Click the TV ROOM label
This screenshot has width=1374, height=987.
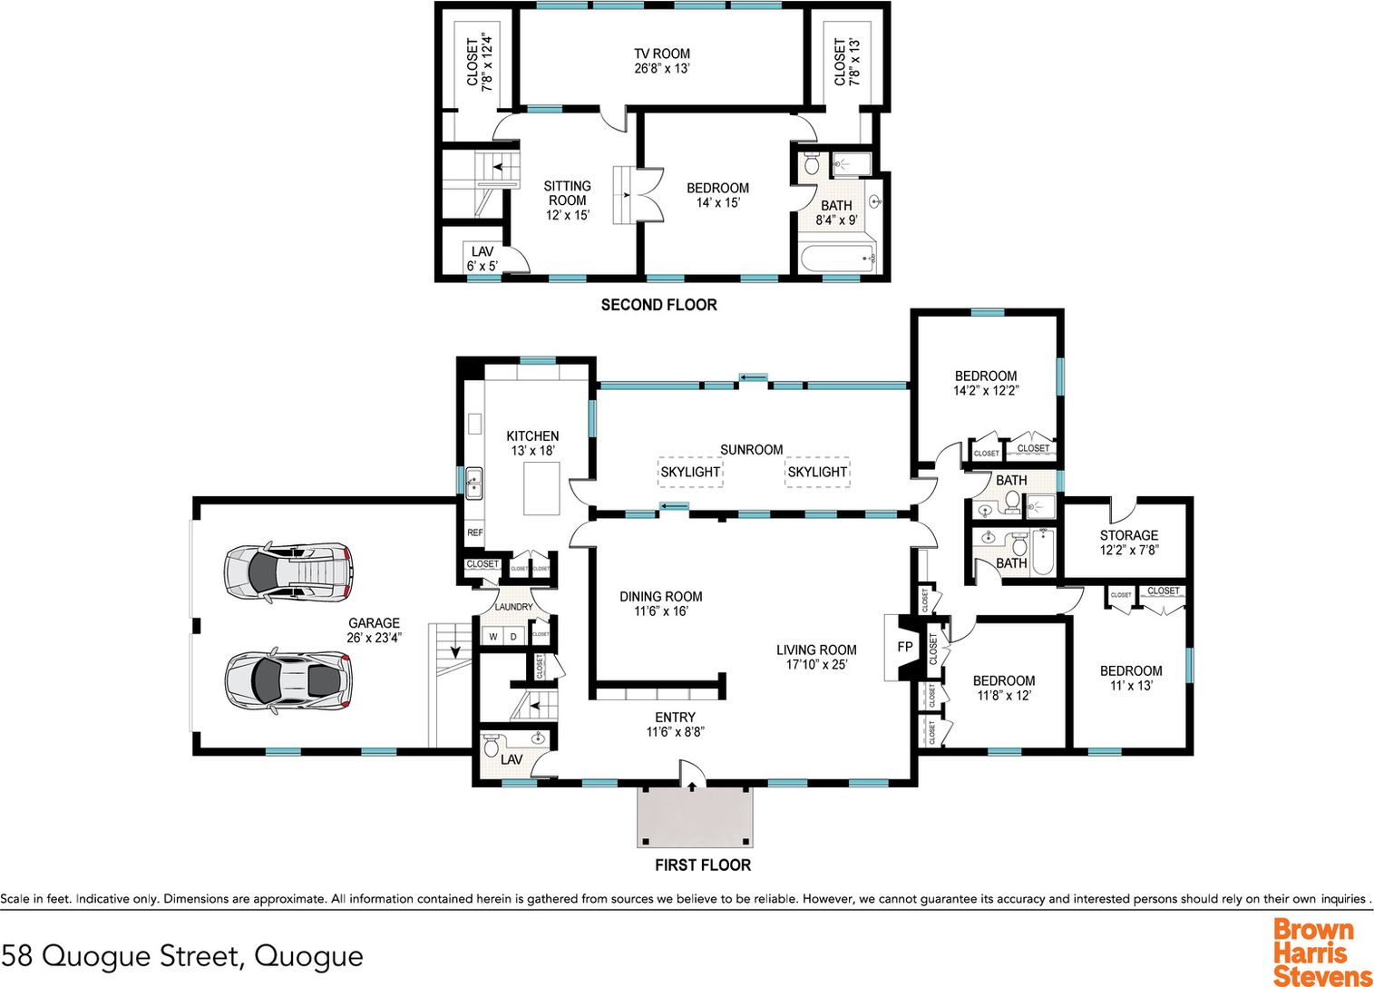tap(662, 54)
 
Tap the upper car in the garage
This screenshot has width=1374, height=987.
tap(288, 572)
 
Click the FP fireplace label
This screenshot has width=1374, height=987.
tap(905, 647)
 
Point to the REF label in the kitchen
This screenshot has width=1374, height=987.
tap(474, 533)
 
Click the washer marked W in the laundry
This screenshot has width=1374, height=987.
tap(492, 637)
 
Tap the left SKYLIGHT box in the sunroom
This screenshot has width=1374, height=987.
tap(690, 472)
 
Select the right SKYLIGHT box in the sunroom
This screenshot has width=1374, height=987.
tap(817, 472)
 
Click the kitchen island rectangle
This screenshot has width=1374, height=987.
tap(541, 488)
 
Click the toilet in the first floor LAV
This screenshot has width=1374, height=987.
tap(491, 746)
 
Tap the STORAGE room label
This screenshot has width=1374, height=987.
tap(1128, 535)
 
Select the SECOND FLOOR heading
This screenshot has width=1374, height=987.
tap(658, 305)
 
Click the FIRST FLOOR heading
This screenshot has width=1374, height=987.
tap(703, 865)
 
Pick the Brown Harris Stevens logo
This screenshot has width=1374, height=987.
tap(1322, 952)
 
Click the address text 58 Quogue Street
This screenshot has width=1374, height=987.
tap(122, 956)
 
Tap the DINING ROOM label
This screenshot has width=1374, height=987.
tap(660, 596)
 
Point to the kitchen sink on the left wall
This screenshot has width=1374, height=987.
tap(473, 484)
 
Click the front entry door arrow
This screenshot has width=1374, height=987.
tap(692, 787)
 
